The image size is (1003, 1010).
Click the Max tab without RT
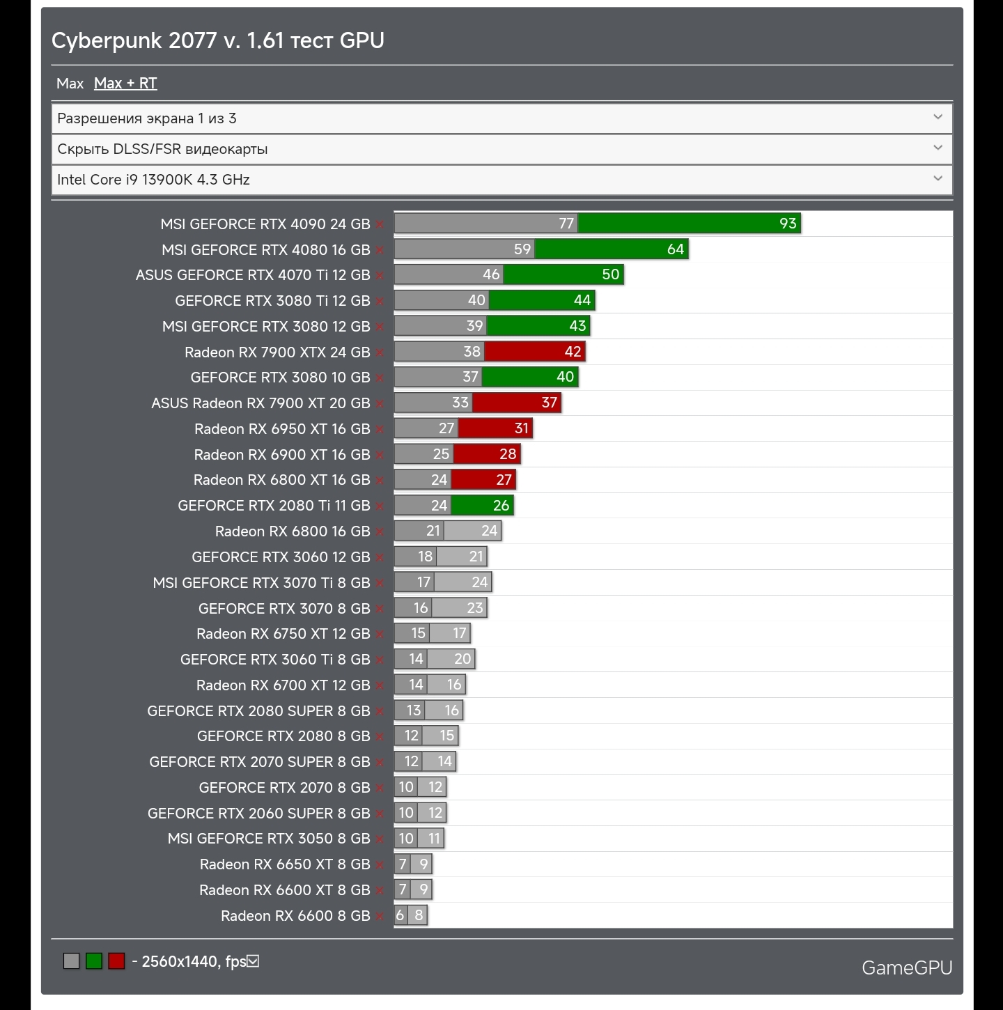70,84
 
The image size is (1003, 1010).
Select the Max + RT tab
125,84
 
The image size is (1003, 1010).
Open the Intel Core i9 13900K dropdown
501,180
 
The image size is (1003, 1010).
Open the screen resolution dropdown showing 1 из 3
501,118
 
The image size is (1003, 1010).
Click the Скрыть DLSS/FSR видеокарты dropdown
501,149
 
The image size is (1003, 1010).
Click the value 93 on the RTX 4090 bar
788,224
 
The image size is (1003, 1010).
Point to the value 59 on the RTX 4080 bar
522,249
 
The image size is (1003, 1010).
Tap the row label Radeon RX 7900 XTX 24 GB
277,352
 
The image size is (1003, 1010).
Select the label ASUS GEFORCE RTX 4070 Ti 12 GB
253,275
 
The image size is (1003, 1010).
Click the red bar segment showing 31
495,428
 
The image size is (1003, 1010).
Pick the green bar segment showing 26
483,506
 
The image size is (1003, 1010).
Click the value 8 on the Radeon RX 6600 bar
419,915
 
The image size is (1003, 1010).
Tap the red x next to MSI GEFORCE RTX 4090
380,225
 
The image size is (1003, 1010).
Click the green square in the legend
94,961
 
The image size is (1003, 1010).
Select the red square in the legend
116,961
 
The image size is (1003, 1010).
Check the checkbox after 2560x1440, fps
254,961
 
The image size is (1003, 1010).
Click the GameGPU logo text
906,968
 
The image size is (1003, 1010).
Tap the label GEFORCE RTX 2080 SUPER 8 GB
258,711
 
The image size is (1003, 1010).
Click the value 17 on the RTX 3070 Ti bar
423,582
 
